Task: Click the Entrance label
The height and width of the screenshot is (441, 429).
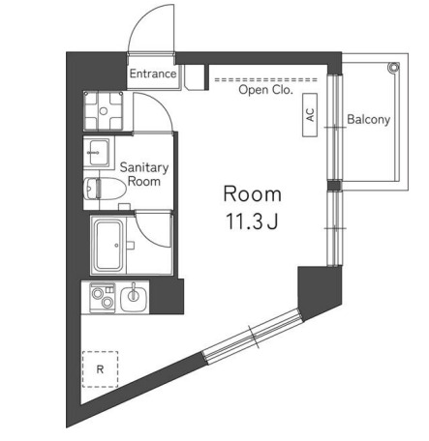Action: [x=153, y=73]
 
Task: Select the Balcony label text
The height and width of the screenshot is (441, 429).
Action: [x=368, y=120]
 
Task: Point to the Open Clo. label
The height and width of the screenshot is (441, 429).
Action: [x=265, y=90]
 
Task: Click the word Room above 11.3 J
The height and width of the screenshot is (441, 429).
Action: [x=251, y=192]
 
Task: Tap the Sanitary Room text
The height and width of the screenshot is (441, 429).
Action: [x=143, y=174]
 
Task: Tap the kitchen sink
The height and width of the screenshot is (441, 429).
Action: [x=135, y=294]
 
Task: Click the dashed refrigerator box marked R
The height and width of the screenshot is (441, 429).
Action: [x=100, y=368]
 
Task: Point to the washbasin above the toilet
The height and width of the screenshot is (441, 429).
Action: [x=98, y=151]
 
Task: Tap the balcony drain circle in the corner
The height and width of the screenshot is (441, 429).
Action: [x=393, y=67]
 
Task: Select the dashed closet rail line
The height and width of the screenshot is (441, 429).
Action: [x=266, y=79]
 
